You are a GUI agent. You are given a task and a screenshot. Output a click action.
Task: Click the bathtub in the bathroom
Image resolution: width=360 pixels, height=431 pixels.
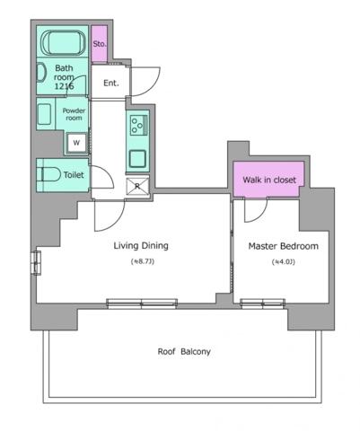coord(63,42)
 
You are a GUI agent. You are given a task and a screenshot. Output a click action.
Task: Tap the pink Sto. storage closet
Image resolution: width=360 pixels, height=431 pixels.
coord(100,44)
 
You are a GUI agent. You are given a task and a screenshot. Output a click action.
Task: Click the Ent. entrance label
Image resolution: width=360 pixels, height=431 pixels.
coord(111,83)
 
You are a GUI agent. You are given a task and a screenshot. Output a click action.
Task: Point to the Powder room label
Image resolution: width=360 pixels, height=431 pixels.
coord(74,114)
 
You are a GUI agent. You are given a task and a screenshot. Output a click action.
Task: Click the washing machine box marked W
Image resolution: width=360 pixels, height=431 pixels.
coord(76,143)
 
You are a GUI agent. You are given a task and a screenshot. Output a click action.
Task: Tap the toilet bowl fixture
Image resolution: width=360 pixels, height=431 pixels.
coord(48,174)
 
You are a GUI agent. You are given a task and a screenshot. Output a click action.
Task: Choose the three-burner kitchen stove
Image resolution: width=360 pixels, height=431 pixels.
coord(138,125)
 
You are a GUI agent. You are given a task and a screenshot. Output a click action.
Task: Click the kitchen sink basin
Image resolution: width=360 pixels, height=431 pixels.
coord(137,158)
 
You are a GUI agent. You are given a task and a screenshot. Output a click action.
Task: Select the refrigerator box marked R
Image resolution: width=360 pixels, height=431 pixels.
coord(137,186)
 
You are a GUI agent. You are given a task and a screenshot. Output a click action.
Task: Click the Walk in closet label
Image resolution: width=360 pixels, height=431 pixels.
coord(269,180)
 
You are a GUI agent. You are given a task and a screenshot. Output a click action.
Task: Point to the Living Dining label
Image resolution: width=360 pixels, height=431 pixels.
coord(141,246)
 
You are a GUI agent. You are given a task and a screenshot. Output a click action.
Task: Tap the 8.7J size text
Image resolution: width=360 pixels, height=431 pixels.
coord(143,261)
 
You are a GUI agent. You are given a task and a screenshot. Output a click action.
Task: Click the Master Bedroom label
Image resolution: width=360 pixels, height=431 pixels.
coord(284,246)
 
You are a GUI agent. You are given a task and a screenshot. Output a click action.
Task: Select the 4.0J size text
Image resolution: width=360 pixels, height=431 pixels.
coord(284,262)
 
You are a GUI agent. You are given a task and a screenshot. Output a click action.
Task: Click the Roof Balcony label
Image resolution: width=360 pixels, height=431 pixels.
coord(184,351)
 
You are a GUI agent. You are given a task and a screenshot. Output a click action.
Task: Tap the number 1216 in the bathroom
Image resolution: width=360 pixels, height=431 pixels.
coord(64,86)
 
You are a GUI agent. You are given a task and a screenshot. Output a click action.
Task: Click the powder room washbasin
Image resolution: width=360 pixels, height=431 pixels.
coord(44,114)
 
